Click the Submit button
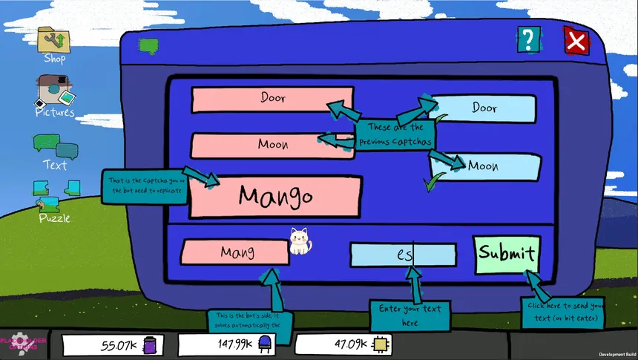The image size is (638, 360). pyautogui.click(x=507, y=254)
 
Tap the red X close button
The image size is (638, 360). pyautogui.click(x=576, y=42)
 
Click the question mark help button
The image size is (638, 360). pyautogui.click(x=527, y=39)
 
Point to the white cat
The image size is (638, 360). pyautogui.click(x=299, y=240)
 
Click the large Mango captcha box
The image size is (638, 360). pyautogui.click(x=275, y=197)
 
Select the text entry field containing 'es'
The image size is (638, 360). pyautogui.click(x=403, y=255)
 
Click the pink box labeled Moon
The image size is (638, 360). pyautogui.click(x=272, y=145)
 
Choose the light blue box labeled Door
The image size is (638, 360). pyautogui.click(x=483, y=108)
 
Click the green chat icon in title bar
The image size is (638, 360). pyautogui.click(x=149, y=47)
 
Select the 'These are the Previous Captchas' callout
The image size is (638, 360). pyautogui.click(x=394, y=134)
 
